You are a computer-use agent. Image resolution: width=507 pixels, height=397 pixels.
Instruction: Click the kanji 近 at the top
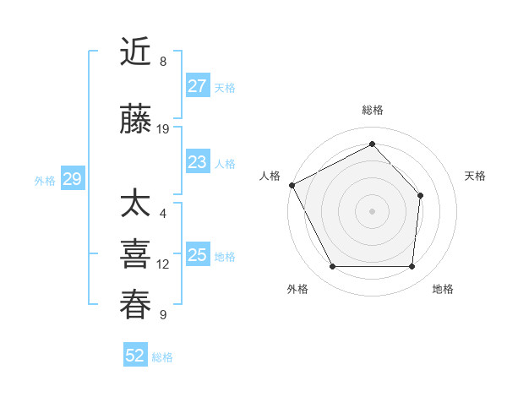coord(136,52)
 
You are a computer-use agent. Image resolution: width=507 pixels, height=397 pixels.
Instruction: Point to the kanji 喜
coord(136,254)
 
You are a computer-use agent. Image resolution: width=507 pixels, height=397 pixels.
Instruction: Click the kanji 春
coord(136,305)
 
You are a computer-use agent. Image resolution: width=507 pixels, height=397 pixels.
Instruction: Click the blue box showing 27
coord(198,86)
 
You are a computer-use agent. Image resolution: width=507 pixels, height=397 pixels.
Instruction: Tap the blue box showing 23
coord(198,162)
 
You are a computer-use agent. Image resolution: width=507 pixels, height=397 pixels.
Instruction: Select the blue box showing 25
coord(198,255)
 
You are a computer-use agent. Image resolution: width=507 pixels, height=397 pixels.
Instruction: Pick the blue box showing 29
coord(72,179)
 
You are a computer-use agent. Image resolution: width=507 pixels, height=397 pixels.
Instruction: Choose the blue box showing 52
coord(135,356)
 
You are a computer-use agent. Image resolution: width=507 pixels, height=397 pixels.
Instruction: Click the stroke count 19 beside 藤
coord(163,129)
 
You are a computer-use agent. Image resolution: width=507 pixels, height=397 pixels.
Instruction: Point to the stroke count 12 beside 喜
coord(163,264)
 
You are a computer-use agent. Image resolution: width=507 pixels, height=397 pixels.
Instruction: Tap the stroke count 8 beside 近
coord(162,62)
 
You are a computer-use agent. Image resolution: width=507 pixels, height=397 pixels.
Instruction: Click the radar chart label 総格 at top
coord(372,110)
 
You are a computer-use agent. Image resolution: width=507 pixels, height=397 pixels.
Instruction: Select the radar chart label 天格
coord(476,176)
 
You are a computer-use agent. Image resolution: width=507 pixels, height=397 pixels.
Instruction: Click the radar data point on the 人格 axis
coord(292,185)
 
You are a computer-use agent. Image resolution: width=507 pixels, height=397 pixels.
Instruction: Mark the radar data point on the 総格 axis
coord(372,144)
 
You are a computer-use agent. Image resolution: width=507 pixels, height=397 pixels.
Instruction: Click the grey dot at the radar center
coord(372,210)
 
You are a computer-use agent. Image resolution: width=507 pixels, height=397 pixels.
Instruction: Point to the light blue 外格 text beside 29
coord(45,180)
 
